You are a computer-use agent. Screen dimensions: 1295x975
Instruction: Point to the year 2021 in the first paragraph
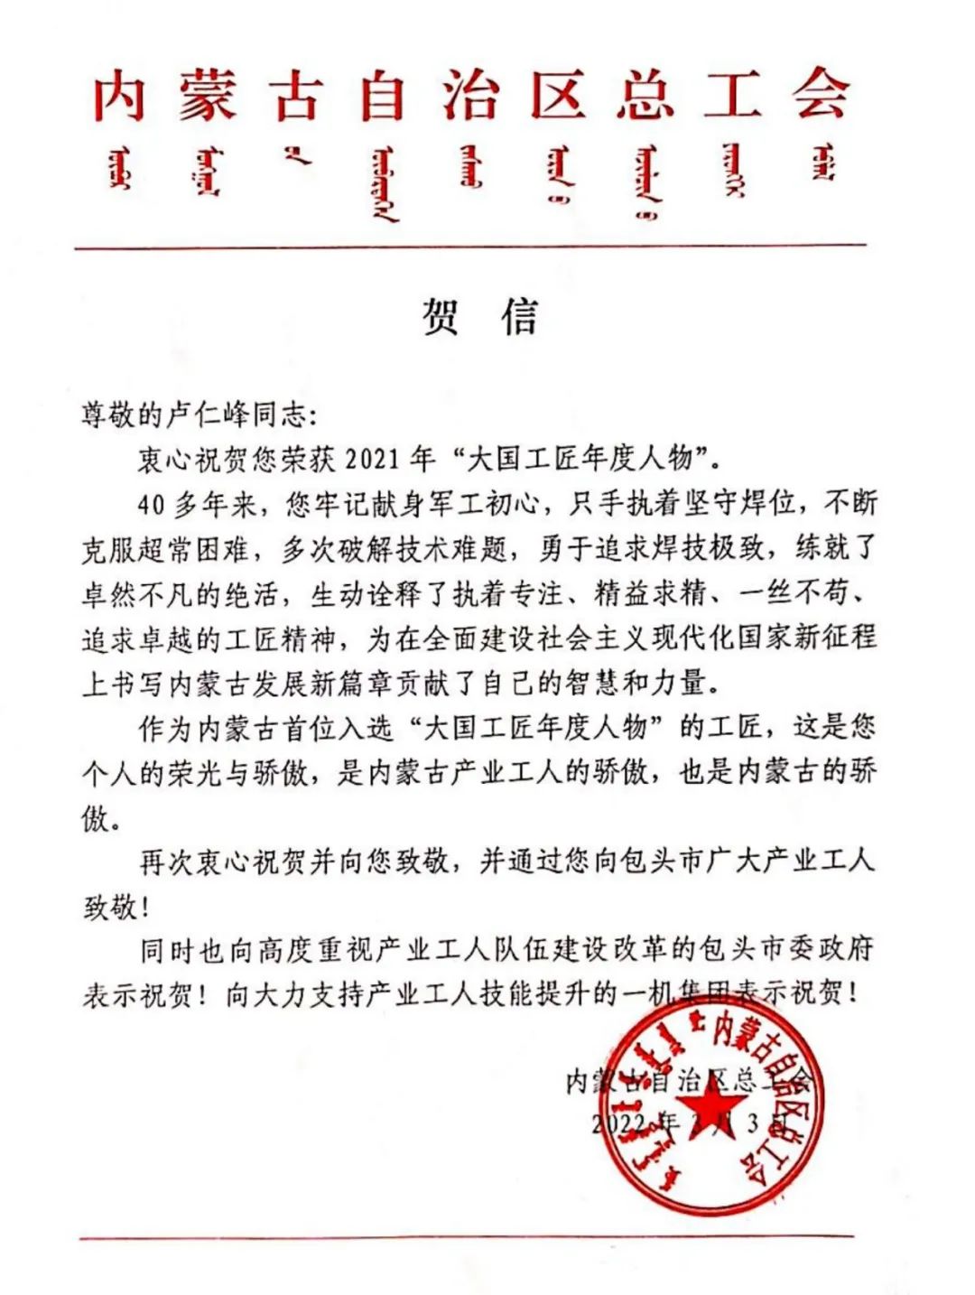(372, 459)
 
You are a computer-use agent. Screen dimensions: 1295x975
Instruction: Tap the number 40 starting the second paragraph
(152, 503)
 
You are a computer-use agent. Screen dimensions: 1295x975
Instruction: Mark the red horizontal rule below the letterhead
(469, 245)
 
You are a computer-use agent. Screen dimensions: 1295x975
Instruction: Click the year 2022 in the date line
(620, 1123)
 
